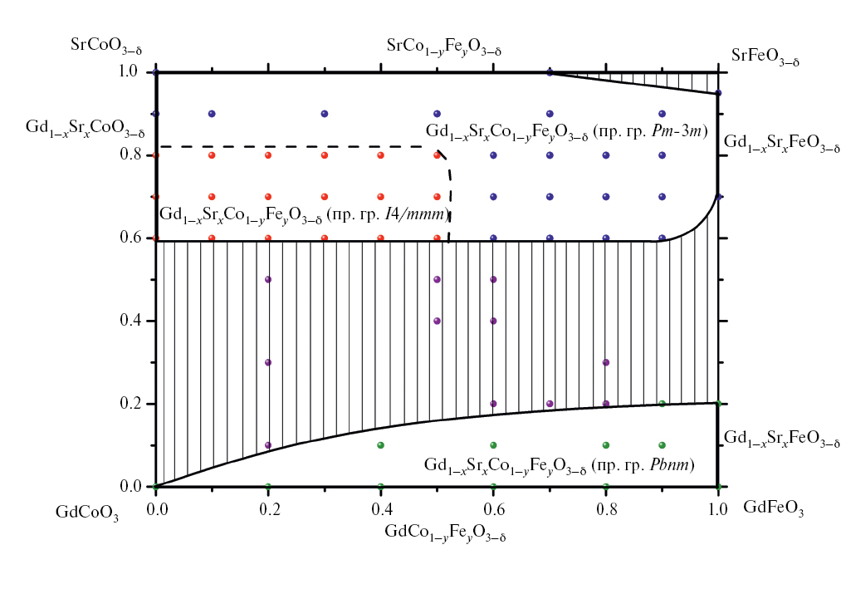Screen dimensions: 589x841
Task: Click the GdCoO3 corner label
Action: [x=87, y=513]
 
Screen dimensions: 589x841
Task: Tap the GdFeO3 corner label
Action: [x=773, y=507]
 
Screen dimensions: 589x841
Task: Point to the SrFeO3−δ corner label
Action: [x=765, y=57]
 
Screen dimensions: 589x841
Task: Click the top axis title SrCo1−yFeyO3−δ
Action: [x=444, y=47]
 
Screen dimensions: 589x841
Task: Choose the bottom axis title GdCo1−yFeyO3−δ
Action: [x=446, y=532]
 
